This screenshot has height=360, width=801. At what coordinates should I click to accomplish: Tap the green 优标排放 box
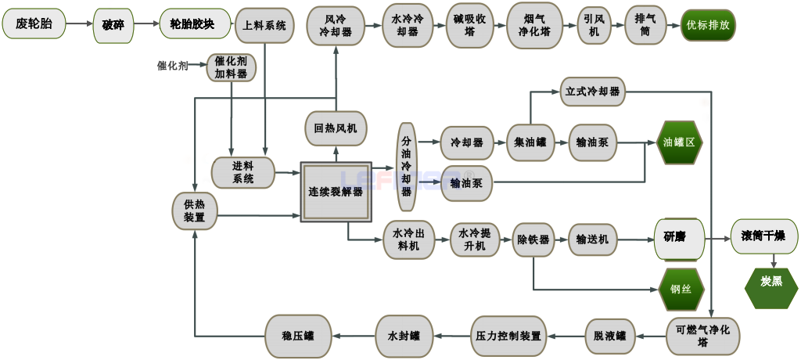(708, 25)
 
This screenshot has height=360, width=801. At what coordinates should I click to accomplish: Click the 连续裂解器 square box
(336, 192)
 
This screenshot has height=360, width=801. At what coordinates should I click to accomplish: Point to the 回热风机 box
(336, 128)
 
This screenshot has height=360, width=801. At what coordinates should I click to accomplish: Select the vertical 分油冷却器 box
(406, 167)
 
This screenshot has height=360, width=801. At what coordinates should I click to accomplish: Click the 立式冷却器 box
(593, 92)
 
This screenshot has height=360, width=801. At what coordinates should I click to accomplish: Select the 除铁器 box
(533, 239)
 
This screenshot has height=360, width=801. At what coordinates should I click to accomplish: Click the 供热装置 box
(194, 210)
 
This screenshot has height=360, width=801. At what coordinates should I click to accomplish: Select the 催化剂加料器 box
(231, 67)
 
